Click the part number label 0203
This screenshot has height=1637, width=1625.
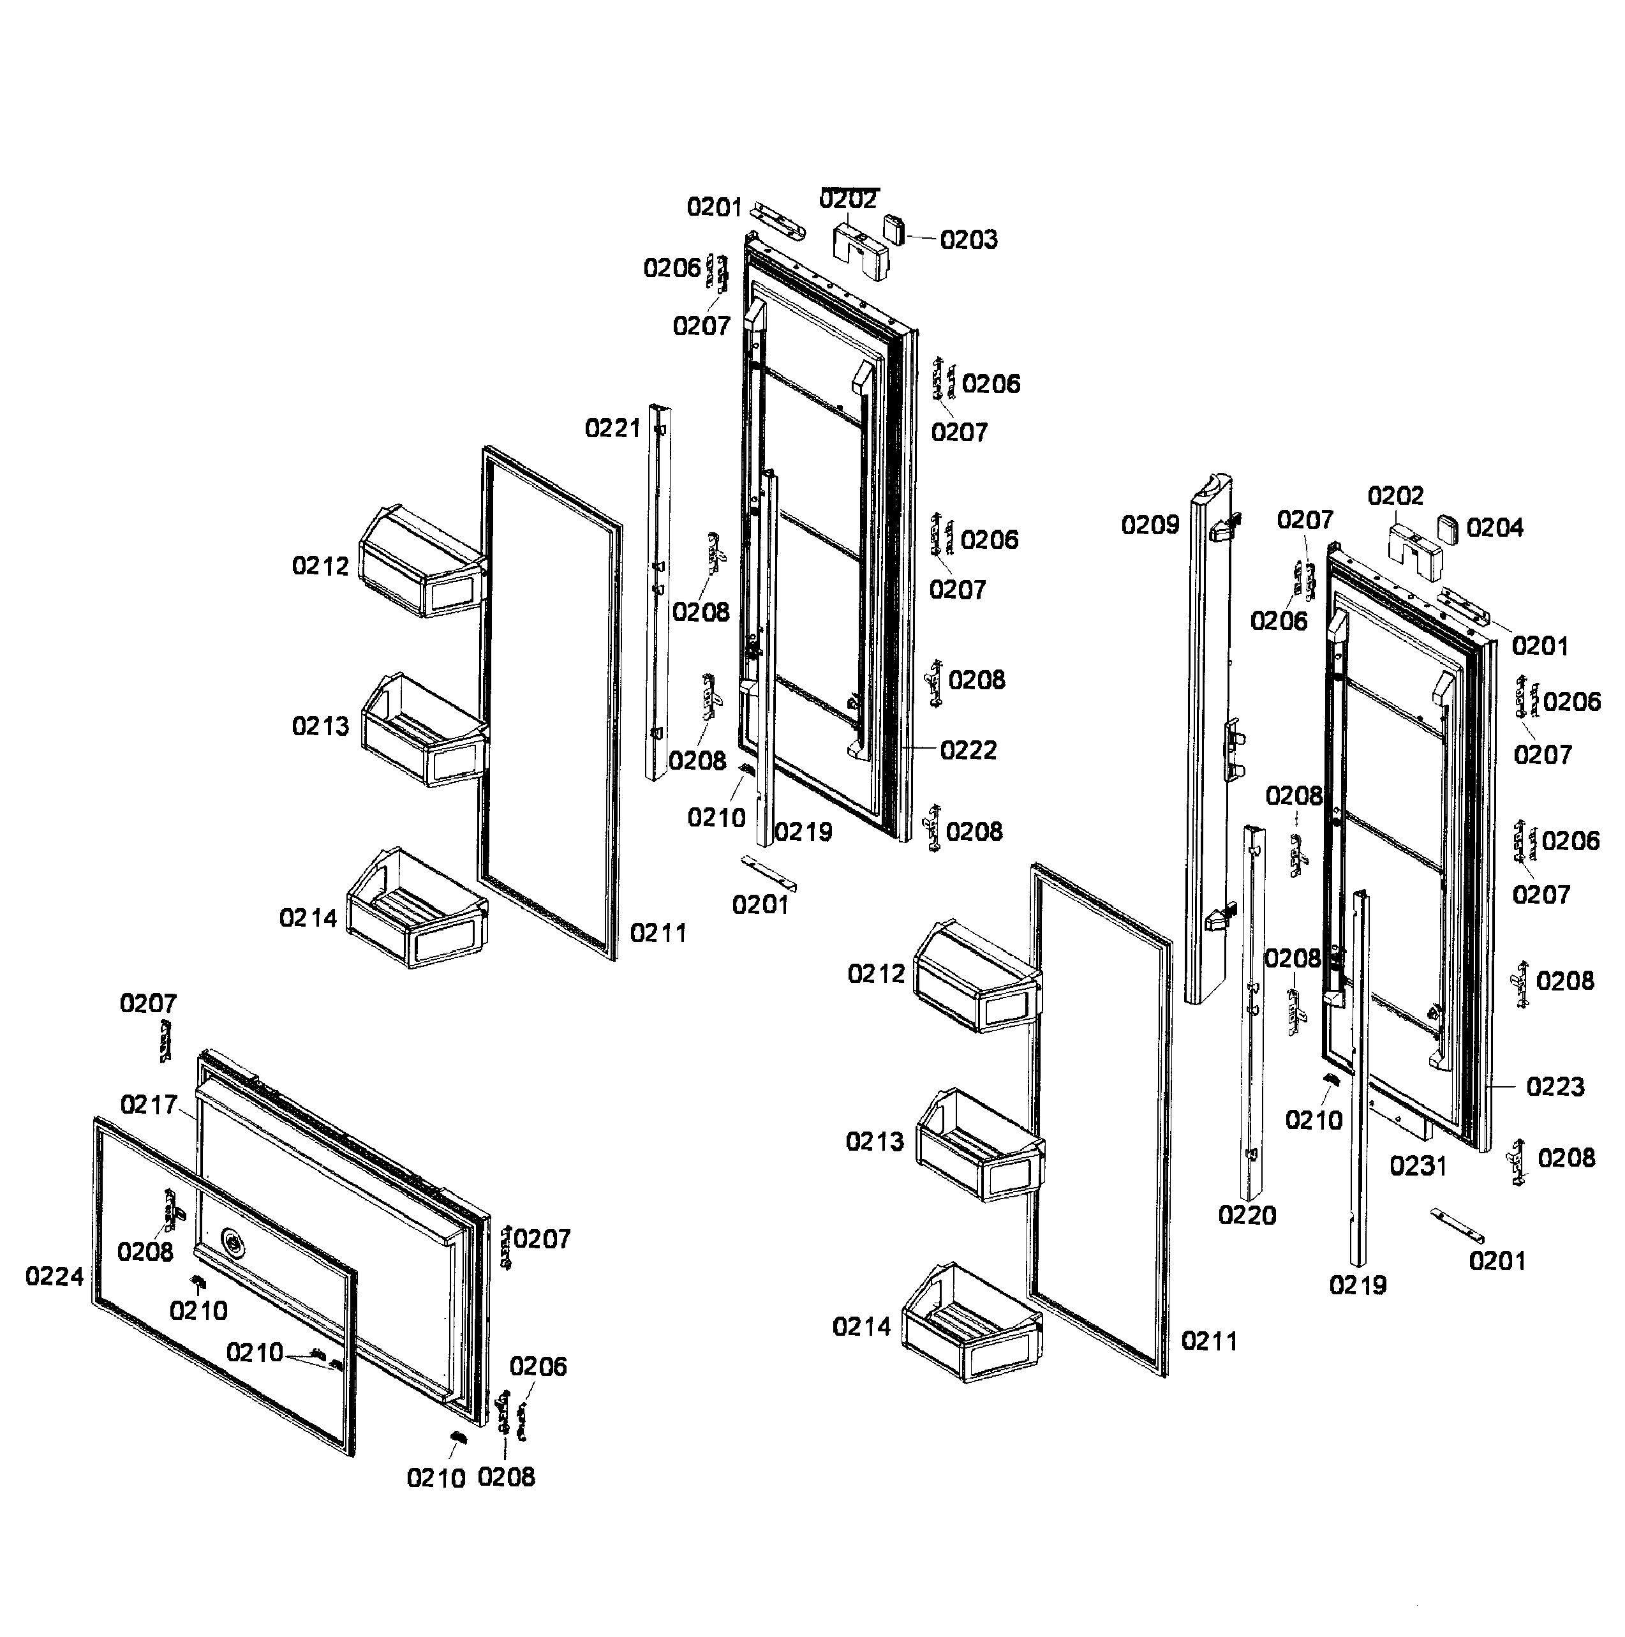click(968, 240)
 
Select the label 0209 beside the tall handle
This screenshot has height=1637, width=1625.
click(1150, 525)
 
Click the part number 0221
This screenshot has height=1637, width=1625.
click(612, 429)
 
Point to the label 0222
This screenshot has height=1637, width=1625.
click(968, 750)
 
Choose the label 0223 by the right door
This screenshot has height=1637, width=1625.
click(1555, 1087)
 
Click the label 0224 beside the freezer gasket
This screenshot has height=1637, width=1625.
click(54, 1277)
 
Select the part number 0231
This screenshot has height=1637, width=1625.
click(1418, 1167)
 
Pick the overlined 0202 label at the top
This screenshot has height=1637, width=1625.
click(848, 200)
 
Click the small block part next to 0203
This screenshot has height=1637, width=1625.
click(894, 228)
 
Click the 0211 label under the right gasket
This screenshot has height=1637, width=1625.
click(1209, 1342)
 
